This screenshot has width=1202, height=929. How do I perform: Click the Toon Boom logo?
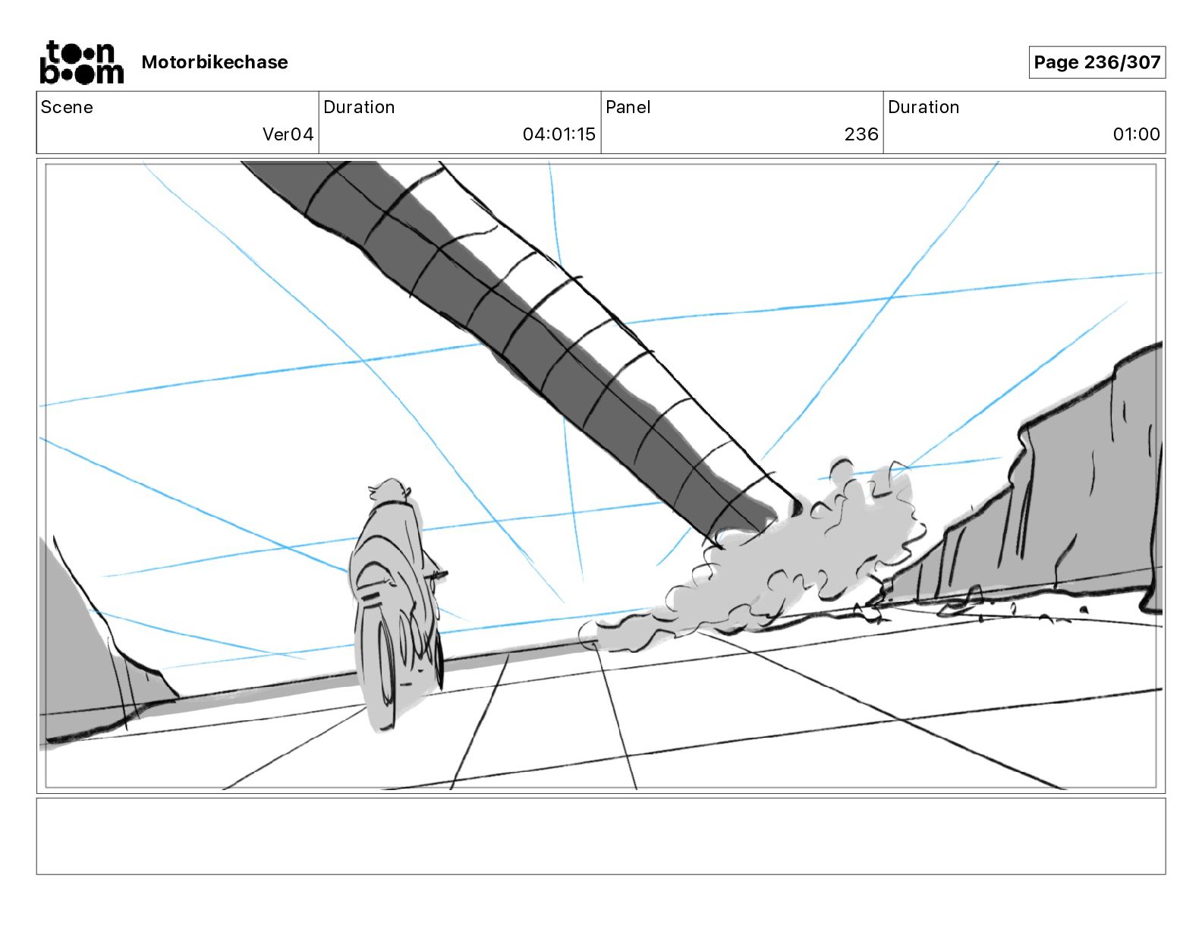pyautogui.click(x=81, y=62)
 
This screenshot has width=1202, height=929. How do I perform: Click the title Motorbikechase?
pyautogui.click(x=215, y=62)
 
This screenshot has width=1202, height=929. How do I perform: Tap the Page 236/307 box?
pyautogui.click(x=1097, y=62)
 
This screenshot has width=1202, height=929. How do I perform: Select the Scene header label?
pyautogui.click(x=67, y=107)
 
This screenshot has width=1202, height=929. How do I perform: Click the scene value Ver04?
pyautogui.click(x=288, y=134)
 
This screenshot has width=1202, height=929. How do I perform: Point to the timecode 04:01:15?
pyautogui.click(x=559, y=134)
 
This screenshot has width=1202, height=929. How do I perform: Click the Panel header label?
pyautogui.click(x=628, y=107)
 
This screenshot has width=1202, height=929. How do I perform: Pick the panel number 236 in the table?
pyautogui.click(x=861, y=134)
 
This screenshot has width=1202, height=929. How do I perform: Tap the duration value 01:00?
pyautogui.click(x=1136, y=134)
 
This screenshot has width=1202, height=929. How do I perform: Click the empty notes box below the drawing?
pyautogui.click(x=600, y=836)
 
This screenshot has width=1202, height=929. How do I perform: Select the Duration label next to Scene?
pyautogui.click(x=359, y=107)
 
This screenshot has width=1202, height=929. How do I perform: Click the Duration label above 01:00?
pyautogui.click(x=924, y=107)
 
